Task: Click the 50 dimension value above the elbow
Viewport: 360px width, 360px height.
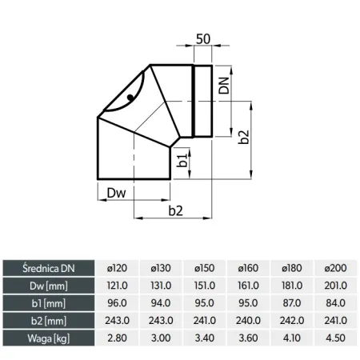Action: click(203, 39)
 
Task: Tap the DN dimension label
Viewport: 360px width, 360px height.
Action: click(224, 86)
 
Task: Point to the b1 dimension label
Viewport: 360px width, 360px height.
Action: click(182, 160)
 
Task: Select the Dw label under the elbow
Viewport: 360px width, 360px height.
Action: click(116, 193)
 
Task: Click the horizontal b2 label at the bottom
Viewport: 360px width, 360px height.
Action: click(176, 211)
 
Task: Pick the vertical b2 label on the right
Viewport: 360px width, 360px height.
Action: click(243, 137)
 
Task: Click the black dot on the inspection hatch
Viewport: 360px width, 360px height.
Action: click(130, 98)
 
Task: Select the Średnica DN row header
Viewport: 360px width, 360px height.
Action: click(49, 268)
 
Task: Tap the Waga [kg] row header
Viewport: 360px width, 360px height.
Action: click(49, 338)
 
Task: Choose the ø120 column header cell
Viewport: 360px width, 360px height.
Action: click(117, 268)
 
